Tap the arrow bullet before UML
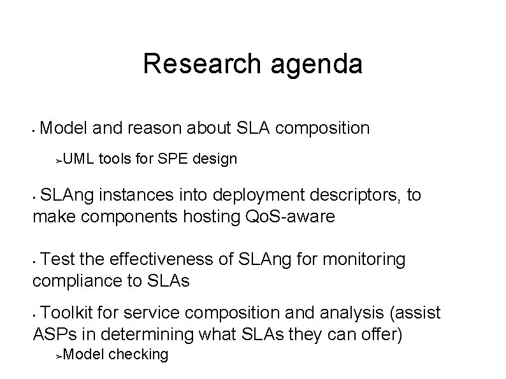coord(59,159)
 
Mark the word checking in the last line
coord(139,354)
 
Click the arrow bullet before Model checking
coord(59,355)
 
